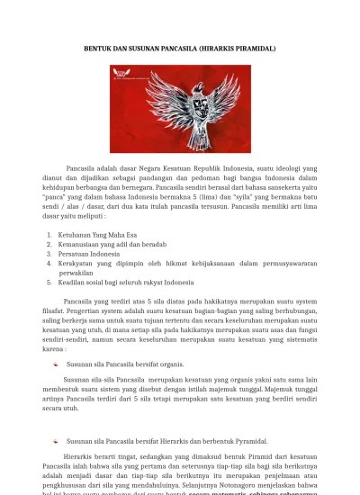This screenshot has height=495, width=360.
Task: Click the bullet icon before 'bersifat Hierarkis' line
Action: [57, 442]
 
